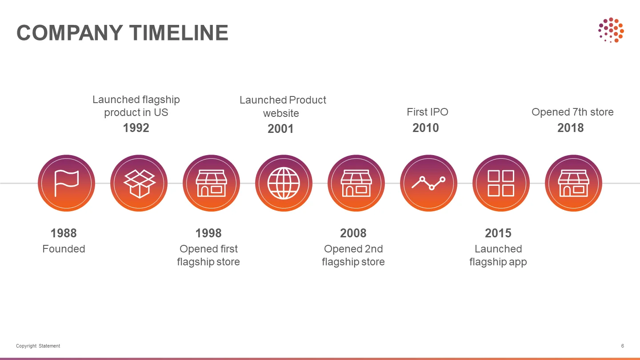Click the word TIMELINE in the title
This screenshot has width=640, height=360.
(179, 33)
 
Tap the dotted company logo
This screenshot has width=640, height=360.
(611, 30)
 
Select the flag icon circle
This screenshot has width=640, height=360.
(66, 183)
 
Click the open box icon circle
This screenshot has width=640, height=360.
(139, 183)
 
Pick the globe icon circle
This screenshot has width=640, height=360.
(284, 183)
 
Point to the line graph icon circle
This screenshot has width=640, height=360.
(428, 183)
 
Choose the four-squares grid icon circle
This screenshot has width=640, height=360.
(501, 183)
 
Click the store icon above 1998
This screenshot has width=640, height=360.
(212, 183)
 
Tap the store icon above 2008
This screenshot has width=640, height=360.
(356, 183)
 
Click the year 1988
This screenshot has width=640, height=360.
(64, 233)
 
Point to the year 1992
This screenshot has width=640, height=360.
(136, 128)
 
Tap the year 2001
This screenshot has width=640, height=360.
(280, 128)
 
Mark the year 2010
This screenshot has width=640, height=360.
(426, 128)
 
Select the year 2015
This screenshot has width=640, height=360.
(498, 233)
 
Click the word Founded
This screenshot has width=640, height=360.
(64, 249)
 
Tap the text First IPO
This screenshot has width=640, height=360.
(428, 112)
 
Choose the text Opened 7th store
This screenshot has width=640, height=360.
(572, 112)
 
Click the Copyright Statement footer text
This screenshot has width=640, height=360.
(38, 346)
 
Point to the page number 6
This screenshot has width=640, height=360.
(623, 346)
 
